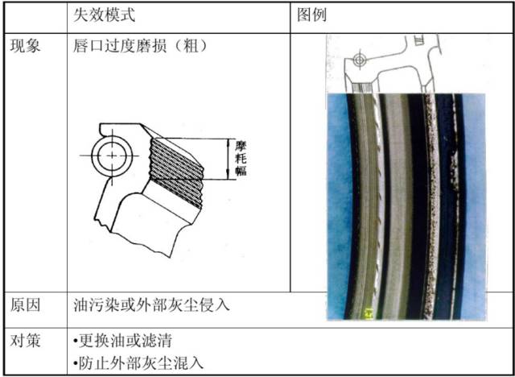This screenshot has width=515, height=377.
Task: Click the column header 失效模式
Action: click(x=104, y=15)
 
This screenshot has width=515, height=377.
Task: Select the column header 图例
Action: click(x=311, y=15)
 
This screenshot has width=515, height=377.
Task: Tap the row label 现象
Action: click(x=25, y=46)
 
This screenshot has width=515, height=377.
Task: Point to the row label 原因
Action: click(x=25, y=305)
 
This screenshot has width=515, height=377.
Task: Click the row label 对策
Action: click(x=25, y=341)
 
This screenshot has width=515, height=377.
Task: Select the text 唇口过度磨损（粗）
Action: click(x=141, y=46)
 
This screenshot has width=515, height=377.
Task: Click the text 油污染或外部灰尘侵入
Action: click(x=151, y=305)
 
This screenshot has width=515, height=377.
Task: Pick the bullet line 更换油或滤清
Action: click(x=122, y=342)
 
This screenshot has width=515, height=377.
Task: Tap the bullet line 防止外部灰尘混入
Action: click(x=138, y=363)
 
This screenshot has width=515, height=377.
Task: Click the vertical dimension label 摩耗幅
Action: click(x=241, y=159)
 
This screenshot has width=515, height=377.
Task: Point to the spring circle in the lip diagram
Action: click(x=112, y=155)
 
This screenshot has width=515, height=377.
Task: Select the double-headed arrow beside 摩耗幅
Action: click(x=229, y=159)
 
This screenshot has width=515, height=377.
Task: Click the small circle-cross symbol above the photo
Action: click(x=360, y=60)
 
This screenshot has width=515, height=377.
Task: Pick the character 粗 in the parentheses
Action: click(x=190, y=46)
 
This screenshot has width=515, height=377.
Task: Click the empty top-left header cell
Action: click(x=35, y=18)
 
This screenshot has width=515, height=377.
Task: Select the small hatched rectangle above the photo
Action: click(x=361, y=88)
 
